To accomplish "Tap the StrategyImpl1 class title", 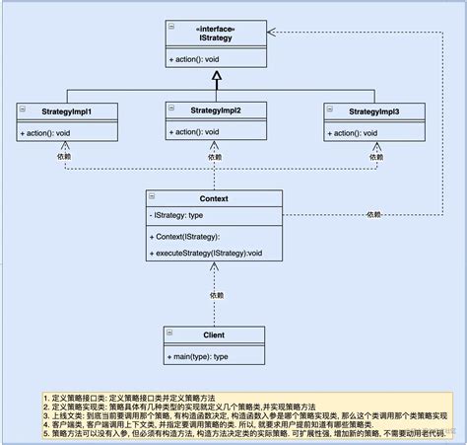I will click(x=66, y=111).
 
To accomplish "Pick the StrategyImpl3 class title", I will click(x=372, y=111).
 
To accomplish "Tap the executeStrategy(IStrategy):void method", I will click(x=208, y=254).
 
